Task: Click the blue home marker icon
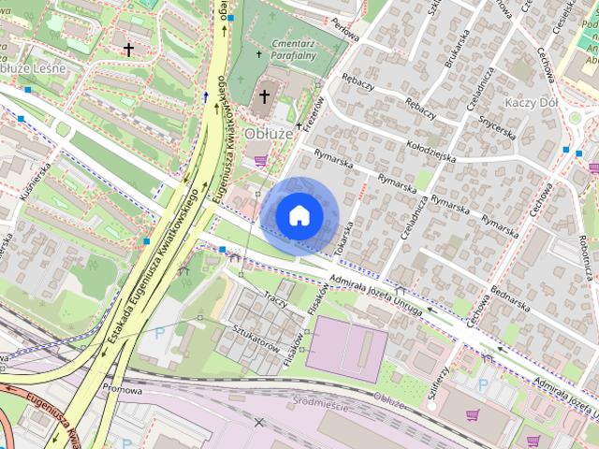pyautogui.click(x=299, y=215)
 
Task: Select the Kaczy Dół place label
pyautogui.click(x=531, y=101)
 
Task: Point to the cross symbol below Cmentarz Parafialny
pyautogui.click(x=265, y=95)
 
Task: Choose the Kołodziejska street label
pyautogui.click(x=431, y=150)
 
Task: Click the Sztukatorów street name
pyautogui.click(x=256, y=340)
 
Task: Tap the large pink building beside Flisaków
pyautogui.click(x=346, y=348)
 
